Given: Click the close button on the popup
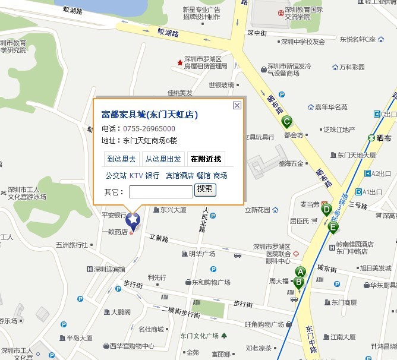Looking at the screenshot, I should tap(237, 105).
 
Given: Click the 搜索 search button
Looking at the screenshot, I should tap(205, 190).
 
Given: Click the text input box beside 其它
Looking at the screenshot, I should tap(160, 191).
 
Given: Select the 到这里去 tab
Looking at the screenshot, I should tap(121, 159).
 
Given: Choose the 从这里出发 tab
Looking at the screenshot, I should tap(163, 159).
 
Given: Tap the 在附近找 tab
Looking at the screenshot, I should tap(205, 159).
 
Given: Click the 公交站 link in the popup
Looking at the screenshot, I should tap(115, 176).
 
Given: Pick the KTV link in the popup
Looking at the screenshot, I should tap(136, 176).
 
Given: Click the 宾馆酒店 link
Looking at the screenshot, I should tap(179, 176).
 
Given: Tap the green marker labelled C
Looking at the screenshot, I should tap(286, 122).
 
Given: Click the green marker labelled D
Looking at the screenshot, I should tap(326, 209).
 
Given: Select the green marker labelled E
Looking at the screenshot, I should tap(333, 228).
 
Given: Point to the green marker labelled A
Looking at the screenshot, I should tap(300, 272).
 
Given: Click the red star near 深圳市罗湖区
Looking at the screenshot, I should tap(180, 62).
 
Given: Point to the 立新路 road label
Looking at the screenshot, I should tap(159, 237).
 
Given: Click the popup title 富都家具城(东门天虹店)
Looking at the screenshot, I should tap(150, 115).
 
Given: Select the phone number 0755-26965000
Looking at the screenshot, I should tap(149, 129).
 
